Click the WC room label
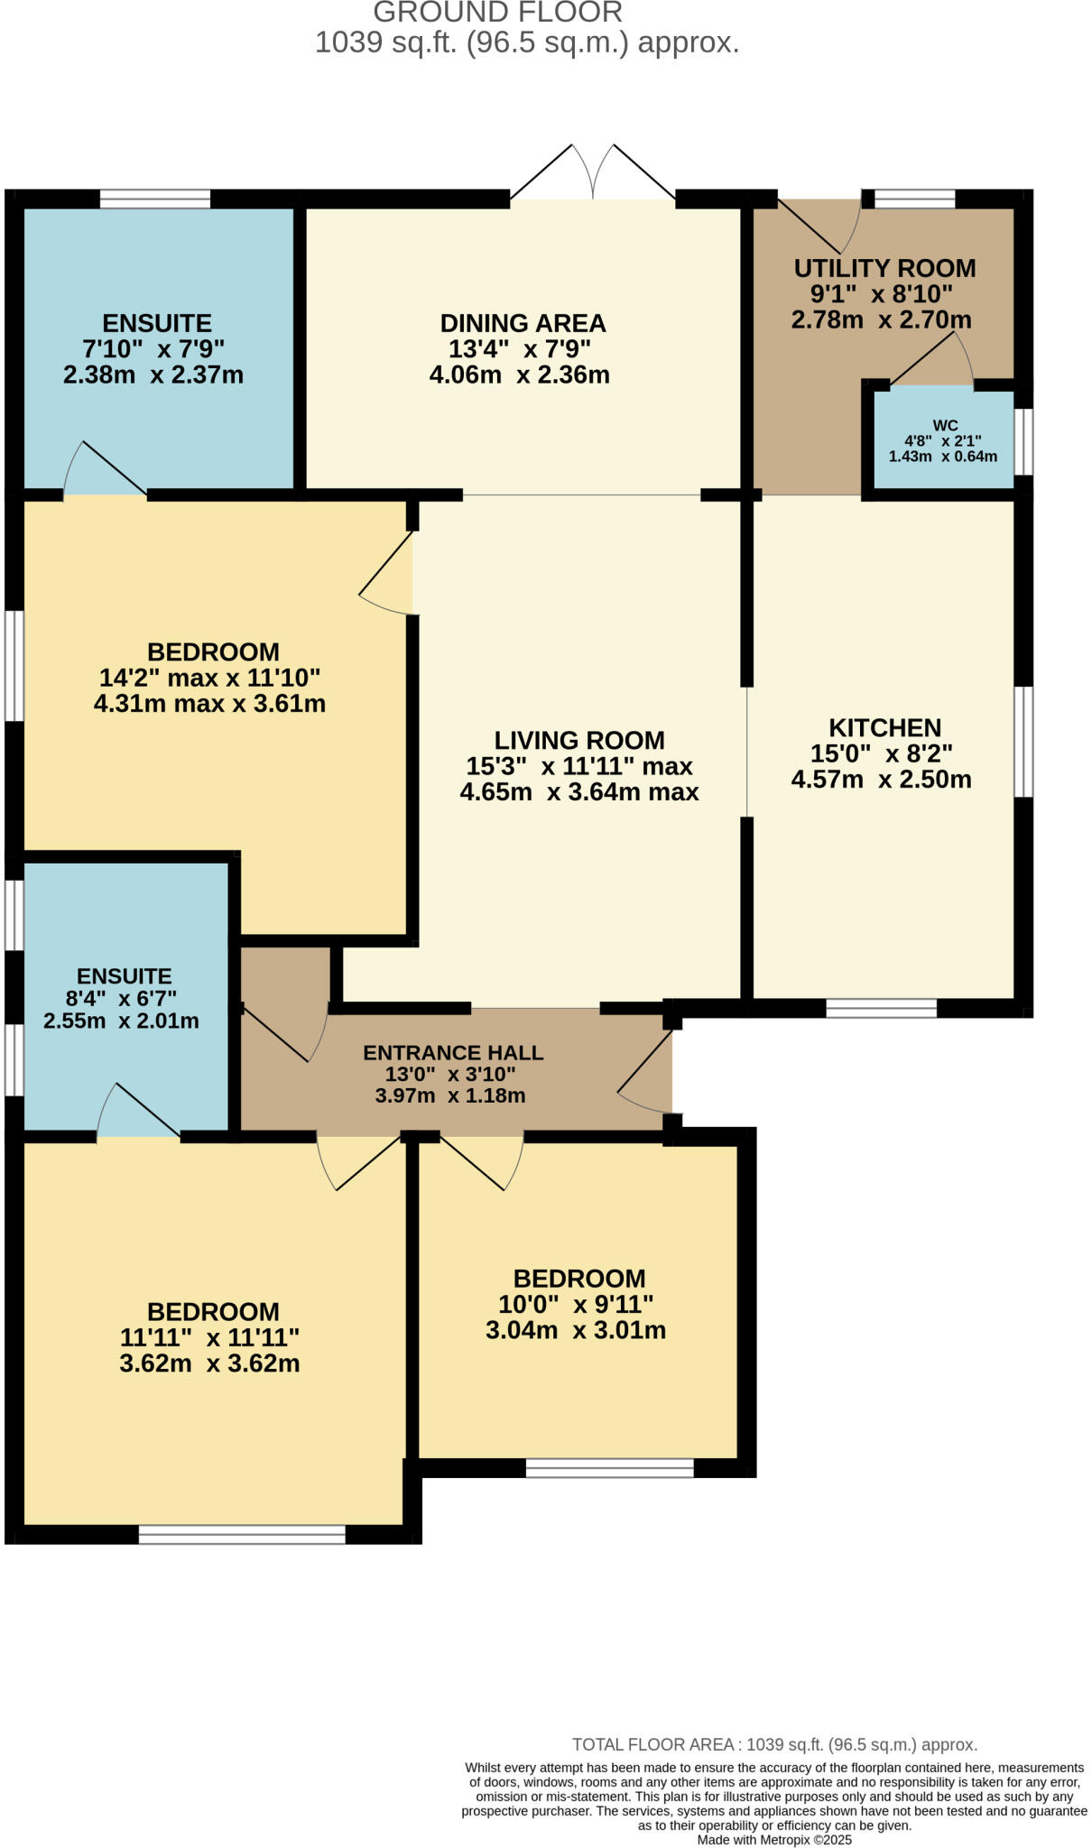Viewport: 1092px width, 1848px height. tap(945, 425)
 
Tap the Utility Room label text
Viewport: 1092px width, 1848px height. tap(884, 268)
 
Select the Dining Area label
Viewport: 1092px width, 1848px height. tap(523, 323)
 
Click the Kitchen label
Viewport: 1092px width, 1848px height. tap(884, 727)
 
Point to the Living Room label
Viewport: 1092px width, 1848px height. tap(579, 740)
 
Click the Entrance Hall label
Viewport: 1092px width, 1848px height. tap(453, 1052)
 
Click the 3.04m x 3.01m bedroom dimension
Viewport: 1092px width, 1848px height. tap(576, 1330)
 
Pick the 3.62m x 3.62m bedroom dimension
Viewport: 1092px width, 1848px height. tap(209, 1363)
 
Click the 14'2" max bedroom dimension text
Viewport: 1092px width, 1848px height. tap(209, 677)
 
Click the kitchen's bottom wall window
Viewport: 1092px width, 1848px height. tap(882, 1008)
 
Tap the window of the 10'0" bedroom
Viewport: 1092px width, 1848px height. tap(610, 1468)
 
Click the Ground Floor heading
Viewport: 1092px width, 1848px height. tap(497, 13)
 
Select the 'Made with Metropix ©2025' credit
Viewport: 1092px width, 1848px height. tap(773, 1840)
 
